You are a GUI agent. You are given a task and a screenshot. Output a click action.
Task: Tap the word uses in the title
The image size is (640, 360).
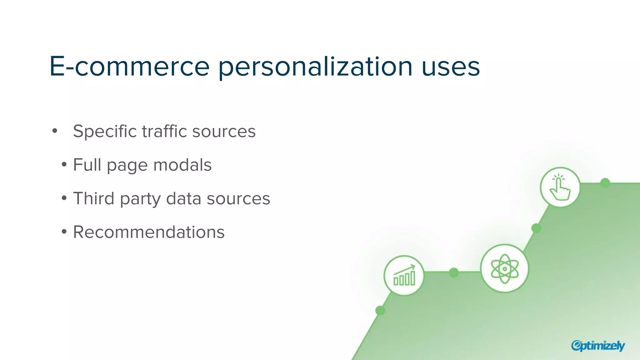coord(450,67)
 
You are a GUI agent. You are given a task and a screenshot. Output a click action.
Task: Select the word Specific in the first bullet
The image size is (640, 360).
coord(104,132)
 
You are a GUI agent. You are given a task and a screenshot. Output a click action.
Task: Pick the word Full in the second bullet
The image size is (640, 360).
coord(87,165)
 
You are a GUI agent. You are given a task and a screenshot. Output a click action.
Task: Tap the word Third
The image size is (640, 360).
coord(93,198)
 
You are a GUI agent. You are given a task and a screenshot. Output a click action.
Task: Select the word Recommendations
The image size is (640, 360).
coord(149,232)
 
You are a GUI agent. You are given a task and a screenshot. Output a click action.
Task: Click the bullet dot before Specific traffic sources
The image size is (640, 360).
coord(55,131)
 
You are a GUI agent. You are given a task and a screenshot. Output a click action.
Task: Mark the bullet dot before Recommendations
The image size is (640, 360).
coord(64,232)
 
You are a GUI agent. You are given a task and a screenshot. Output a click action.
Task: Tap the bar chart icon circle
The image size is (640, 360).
coord(404,276)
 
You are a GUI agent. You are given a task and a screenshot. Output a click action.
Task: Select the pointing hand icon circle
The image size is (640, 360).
coord(560,187)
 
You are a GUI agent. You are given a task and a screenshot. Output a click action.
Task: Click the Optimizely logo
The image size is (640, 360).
coord(598,346)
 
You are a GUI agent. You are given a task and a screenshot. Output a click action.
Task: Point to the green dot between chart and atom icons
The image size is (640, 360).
coord(454,272)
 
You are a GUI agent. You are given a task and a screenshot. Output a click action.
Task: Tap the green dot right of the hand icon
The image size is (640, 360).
coord(605,183)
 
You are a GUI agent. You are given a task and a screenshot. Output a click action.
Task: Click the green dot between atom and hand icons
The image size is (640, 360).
coord(536,228)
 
